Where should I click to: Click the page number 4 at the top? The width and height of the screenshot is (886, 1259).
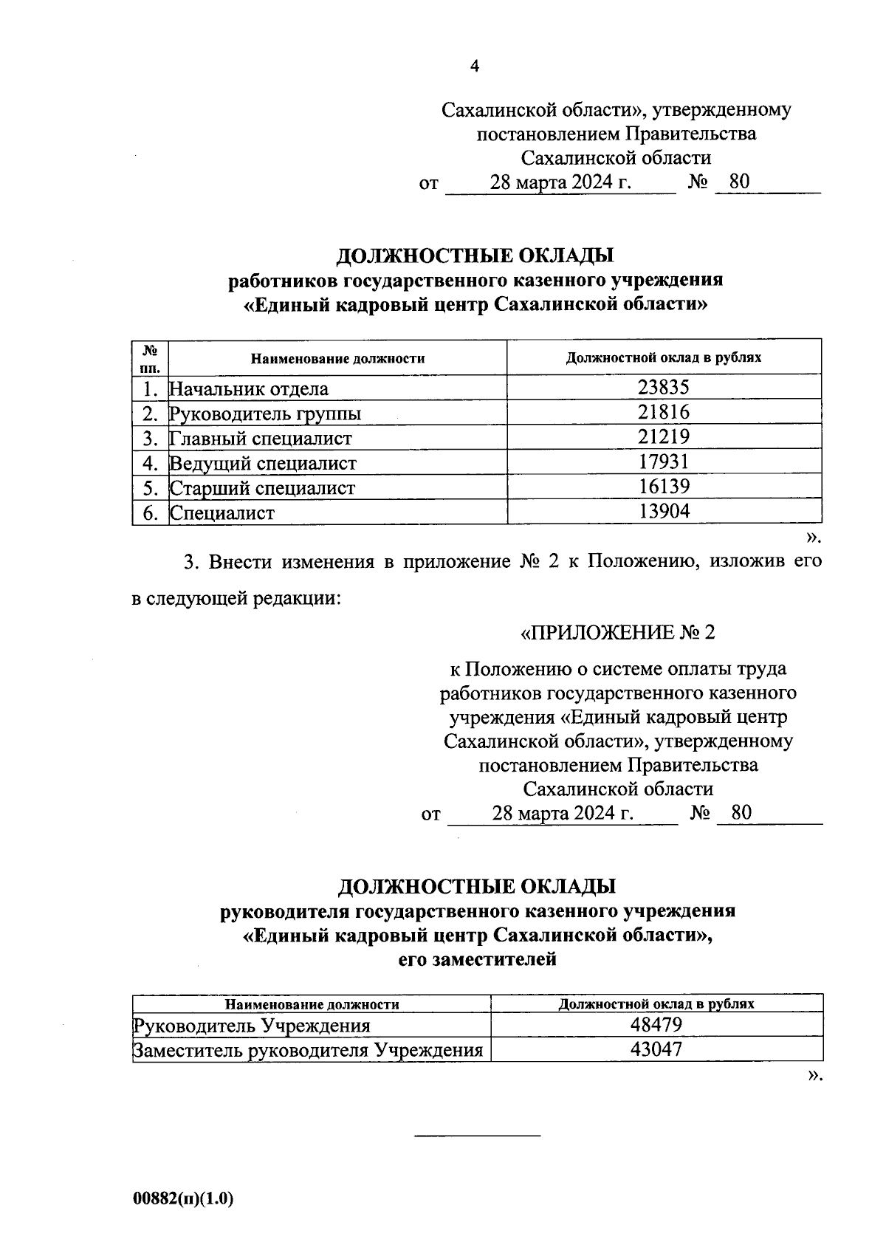475,66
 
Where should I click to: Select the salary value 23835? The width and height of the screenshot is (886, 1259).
664,388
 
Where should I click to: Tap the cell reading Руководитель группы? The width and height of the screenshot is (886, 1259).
266,414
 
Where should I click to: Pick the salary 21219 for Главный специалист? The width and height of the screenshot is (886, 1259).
664,437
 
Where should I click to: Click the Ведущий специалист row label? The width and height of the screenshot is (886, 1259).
264,463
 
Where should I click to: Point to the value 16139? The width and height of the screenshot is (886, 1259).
664,487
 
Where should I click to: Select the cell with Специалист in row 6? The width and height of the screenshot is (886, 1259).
222,512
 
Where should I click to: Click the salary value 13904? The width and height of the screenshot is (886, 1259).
664,511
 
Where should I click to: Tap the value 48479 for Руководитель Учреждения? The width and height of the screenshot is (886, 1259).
656,1025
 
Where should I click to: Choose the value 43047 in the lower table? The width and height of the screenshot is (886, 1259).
656,1049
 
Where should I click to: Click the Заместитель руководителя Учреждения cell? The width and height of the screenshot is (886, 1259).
308,1050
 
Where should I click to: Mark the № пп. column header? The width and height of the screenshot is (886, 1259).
151,357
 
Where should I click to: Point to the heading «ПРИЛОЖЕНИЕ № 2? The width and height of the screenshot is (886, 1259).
618,633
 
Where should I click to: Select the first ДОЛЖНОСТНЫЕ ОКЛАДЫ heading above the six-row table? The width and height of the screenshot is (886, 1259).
475,256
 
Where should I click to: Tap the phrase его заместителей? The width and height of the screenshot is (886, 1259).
477,960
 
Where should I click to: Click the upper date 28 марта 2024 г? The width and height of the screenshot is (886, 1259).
560,182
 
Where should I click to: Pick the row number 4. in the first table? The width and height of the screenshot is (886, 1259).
151,463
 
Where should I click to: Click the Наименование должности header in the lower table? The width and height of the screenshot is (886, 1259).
312,1004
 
